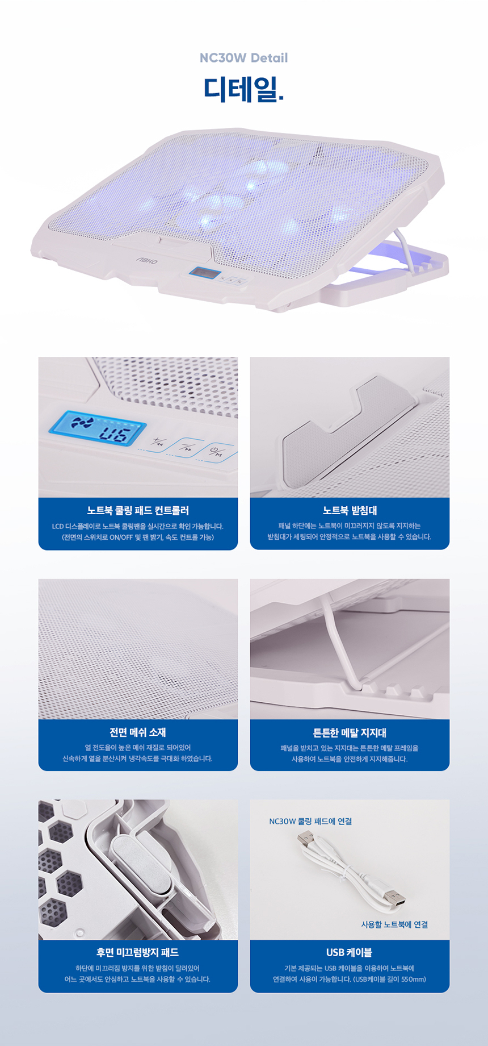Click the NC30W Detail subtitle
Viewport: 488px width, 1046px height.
(243, 58)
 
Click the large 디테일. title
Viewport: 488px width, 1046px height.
(243, 89)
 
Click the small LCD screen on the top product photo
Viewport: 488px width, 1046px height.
(204, 273)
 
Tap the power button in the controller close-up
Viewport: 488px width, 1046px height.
(217, 453)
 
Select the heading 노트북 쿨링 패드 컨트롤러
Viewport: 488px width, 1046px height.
(138, 510)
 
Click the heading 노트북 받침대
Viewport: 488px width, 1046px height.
(350, 510)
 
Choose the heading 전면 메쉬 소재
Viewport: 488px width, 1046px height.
(138, 732)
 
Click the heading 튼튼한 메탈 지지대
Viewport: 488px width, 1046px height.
(350, 732)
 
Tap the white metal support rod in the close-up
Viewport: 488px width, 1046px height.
(340, 642)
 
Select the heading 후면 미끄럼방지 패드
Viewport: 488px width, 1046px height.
(138, 952)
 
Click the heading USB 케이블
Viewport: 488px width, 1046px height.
(350, 952)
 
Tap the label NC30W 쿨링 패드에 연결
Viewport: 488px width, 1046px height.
(310, 821)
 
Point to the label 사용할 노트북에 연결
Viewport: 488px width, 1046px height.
(394, 924)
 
